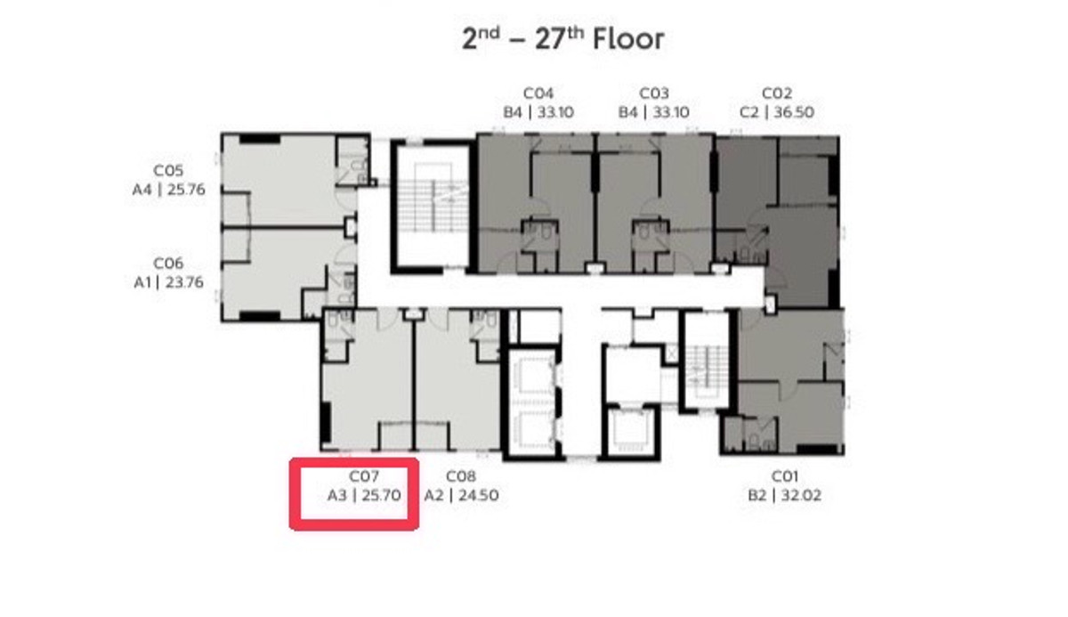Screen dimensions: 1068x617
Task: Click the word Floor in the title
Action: (628, 39)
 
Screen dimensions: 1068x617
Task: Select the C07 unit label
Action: (364, 476)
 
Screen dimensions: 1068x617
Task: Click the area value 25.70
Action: (382, 495)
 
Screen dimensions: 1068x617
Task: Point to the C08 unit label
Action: (461, 476)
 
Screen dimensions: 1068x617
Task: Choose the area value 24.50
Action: (479, 495)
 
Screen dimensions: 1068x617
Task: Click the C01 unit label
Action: (784, 476)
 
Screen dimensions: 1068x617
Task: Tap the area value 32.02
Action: (802, 495)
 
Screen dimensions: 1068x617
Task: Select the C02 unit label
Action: (777, 93)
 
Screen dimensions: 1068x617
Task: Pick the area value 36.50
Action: (794, 112)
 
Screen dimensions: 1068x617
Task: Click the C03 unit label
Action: (653, 93)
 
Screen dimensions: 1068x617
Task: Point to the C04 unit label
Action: (538, 93)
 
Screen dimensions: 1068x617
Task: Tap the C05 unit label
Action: (168, 171)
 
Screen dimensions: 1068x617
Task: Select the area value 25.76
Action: (186, 190)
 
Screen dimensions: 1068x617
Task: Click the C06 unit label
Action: (168, 264)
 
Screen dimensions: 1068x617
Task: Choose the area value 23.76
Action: (184, 282)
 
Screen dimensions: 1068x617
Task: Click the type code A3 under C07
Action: (337, 495)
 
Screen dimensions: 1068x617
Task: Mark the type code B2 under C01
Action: (757, 495)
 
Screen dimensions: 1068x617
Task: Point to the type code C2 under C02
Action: (749, 112)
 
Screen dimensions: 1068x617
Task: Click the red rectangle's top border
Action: (354, 462)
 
